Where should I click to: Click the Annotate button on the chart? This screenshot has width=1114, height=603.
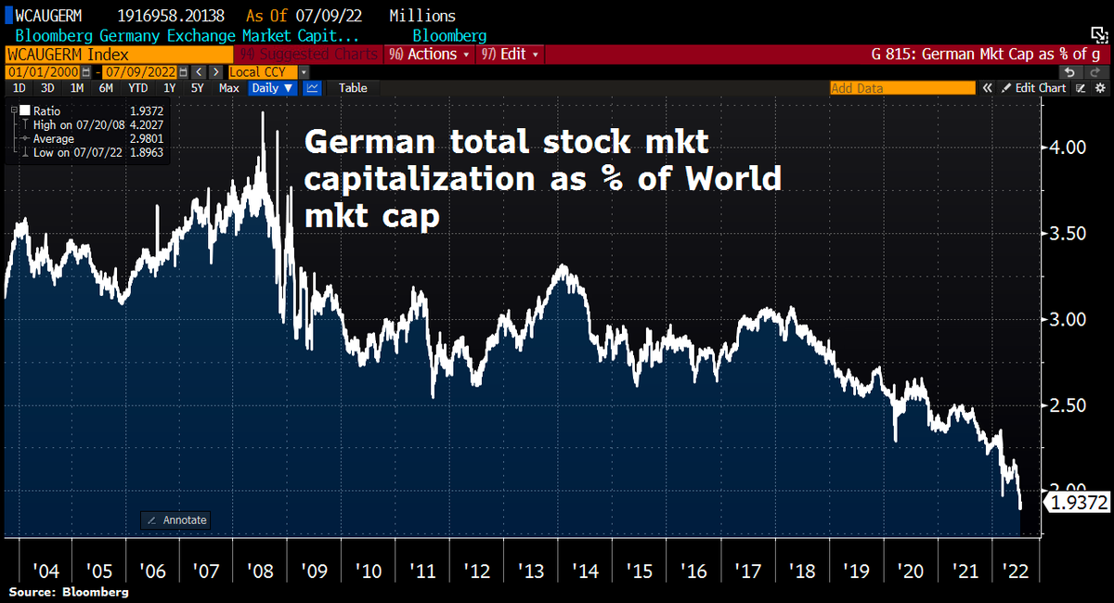click(175, 520)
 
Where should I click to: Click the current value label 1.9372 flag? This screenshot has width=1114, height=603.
click(1078, 503)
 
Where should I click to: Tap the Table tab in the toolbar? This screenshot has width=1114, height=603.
click(353, 88)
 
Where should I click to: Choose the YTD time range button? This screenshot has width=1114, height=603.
click(138, 88)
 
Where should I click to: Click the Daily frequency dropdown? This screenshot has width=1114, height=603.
click(272, 88)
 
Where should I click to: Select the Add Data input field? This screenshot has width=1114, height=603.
click(901, 88)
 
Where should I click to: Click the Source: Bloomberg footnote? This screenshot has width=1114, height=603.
click(69, 591)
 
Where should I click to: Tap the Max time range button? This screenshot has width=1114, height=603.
click(228, 88)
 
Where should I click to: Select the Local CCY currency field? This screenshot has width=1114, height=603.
click(263, 71)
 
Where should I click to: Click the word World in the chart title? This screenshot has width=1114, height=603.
click(733, 179)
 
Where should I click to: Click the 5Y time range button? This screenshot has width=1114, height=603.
click(198, 88)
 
